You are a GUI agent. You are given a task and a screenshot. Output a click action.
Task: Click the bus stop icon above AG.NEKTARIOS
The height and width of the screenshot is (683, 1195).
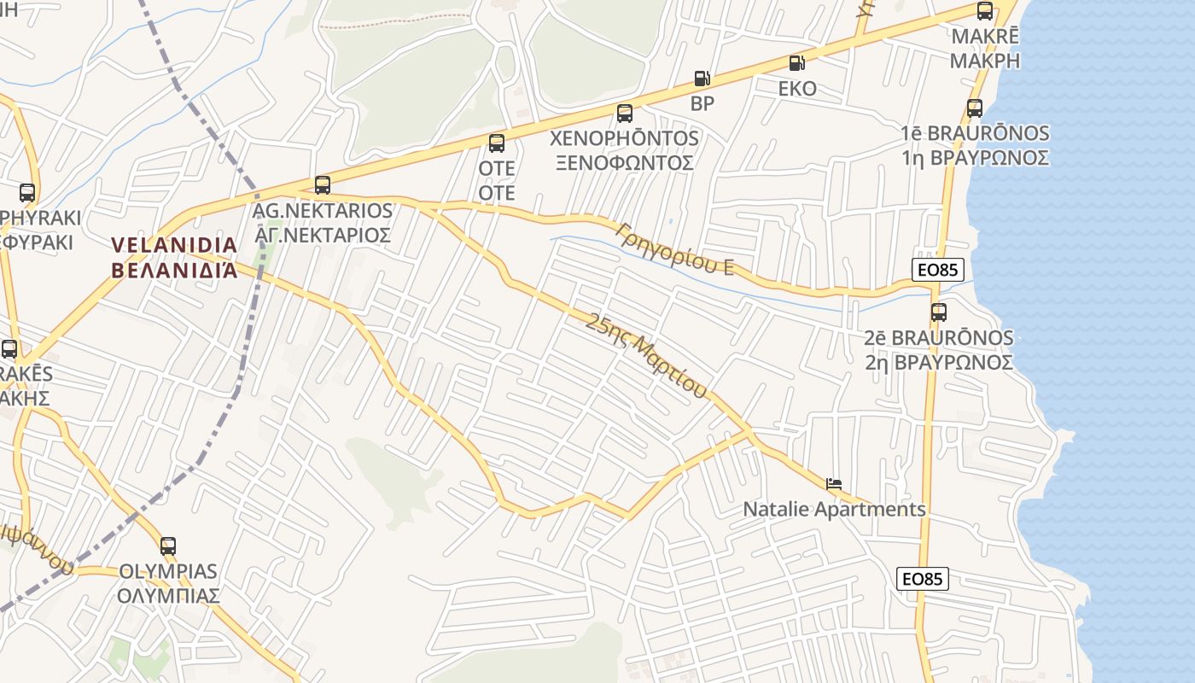click(323, 184)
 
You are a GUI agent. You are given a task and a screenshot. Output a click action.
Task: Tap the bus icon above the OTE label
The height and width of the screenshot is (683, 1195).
click(497, 143)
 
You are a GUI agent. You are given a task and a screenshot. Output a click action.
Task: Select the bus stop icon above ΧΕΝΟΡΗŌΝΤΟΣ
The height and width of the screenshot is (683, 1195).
click(625, 113)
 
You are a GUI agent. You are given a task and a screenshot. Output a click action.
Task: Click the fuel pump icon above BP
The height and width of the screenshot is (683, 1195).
click(702, 79)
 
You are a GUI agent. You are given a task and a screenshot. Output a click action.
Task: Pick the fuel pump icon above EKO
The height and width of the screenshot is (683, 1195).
click(796, 62)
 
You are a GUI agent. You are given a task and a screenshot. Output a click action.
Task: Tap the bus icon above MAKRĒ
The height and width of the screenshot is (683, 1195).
click(985, 11)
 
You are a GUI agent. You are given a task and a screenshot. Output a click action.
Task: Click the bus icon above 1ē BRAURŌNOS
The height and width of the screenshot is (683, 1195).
click(975, 108)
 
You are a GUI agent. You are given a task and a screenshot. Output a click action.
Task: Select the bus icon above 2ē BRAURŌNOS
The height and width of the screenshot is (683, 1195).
click(939, 312)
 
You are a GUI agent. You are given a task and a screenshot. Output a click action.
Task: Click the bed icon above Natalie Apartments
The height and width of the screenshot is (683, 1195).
click(834, 484)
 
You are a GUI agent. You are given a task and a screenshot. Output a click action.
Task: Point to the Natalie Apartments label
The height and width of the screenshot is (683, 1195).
click(834, 510)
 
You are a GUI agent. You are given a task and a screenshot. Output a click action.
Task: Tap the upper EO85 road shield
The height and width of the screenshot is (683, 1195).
click(936, 271)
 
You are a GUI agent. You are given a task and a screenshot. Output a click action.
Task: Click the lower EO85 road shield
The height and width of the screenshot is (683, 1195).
click(923, 579)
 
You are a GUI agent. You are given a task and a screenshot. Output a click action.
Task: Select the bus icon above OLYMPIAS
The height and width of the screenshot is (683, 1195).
click(168, 546)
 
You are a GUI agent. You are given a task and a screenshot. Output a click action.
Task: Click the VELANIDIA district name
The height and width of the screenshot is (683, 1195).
click(174, 246)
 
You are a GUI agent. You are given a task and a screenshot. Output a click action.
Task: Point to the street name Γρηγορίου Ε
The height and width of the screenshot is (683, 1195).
click(675, 248)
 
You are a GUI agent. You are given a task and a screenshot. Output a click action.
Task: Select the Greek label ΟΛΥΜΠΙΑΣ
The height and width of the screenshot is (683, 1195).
click(168, 595)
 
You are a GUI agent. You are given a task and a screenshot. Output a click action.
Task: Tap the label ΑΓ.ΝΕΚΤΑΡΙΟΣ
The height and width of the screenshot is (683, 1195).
click(323, 235)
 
